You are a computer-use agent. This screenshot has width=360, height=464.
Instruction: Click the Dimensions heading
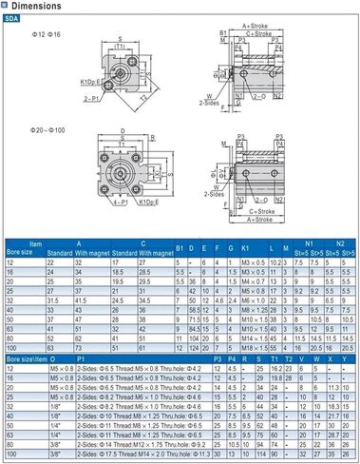(x=38, y=7)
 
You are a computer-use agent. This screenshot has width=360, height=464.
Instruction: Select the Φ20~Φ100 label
(x=47, y=126)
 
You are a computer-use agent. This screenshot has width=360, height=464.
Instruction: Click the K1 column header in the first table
(x=244, y=249)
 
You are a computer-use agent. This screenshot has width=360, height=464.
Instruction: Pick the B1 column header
(x=180, y=249)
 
